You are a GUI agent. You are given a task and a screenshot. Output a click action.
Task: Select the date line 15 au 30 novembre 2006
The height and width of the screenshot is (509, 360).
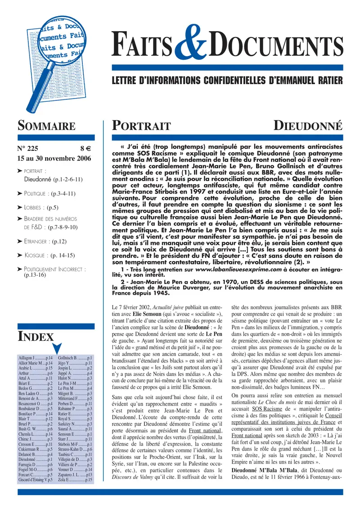coord(54,158)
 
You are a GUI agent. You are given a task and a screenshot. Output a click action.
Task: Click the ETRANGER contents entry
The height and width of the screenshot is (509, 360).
coord(45,241)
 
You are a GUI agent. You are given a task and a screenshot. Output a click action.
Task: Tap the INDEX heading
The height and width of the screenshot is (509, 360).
coord(36,336)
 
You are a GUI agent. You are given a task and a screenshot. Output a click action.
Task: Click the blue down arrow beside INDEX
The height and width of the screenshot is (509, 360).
coord(57,348)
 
